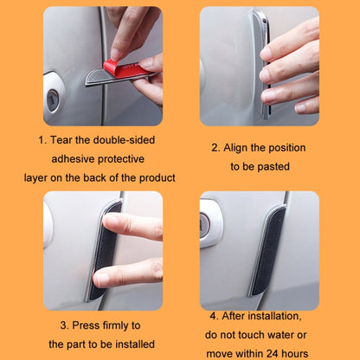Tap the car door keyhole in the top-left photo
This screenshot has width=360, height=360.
coord(53,99)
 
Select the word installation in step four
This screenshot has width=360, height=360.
coord(273,317)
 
